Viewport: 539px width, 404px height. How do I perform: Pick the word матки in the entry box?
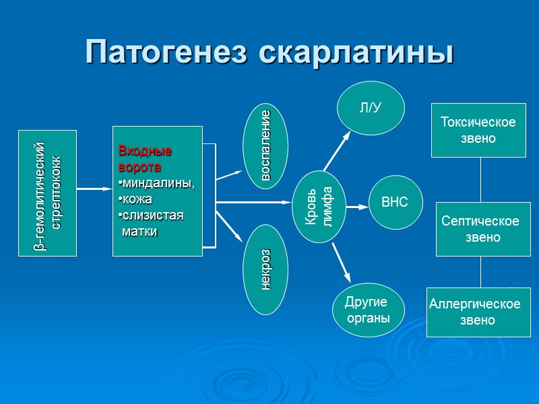coord(139,232)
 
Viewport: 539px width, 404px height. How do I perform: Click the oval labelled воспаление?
coord(265,145)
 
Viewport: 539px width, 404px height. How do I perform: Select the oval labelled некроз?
coord(265,269)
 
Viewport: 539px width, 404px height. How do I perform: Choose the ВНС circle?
coord(395,202)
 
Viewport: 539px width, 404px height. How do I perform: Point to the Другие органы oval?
coord(368,310)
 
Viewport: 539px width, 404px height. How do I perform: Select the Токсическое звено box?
coord(478,130)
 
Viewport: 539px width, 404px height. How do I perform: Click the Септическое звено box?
coord(480,229)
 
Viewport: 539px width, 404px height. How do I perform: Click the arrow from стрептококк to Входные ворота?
coord(94,189)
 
